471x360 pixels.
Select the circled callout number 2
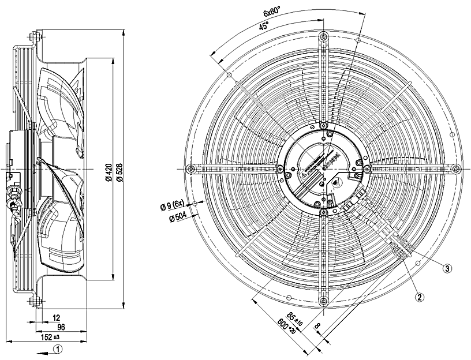[420, 297]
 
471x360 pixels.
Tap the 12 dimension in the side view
[56, 317]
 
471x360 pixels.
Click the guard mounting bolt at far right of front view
[456, 168]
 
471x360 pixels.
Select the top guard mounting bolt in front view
[323, 36]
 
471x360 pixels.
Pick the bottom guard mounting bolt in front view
[323, 301]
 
